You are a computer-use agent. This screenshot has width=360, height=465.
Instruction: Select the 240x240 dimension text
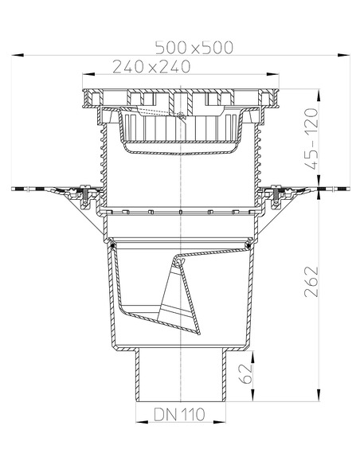click(151, 67)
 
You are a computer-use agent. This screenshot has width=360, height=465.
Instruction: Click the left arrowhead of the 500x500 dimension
click(17, 55)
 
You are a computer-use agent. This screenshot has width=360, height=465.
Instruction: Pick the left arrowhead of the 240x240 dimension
click(85, 76)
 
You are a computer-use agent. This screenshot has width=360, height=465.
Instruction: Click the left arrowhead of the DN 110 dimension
click(137, 423)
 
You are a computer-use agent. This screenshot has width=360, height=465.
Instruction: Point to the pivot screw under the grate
click(182, 119)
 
